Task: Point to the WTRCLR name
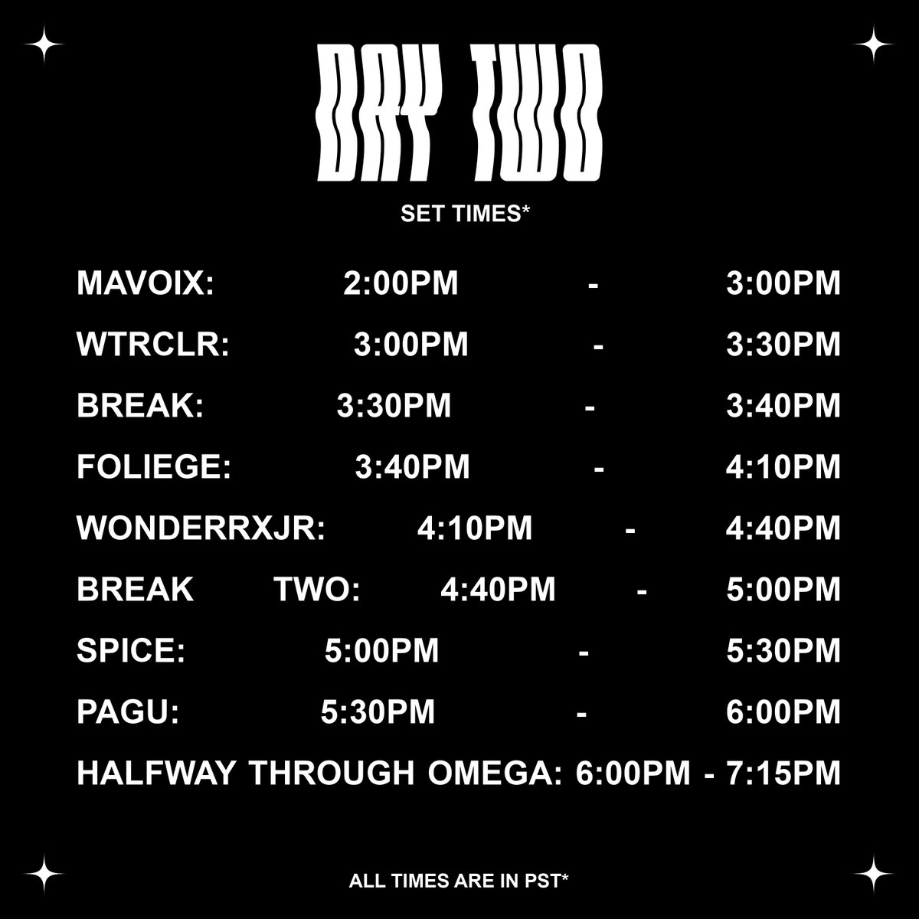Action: (153, 345)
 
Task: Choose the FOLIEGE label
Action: (154, 467)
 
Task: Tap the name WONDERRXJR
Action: (201, 528)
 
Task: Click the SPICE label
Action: (131, 651)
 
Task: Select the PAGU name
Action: (128, 712)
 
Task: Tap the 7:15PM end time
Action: (783, 773)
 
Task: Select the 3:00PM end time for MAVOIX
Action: (783, 283)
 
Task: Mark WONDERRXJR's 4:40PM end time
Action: (783, 528)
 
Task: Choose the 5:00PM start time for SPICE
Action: (382, 651)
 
